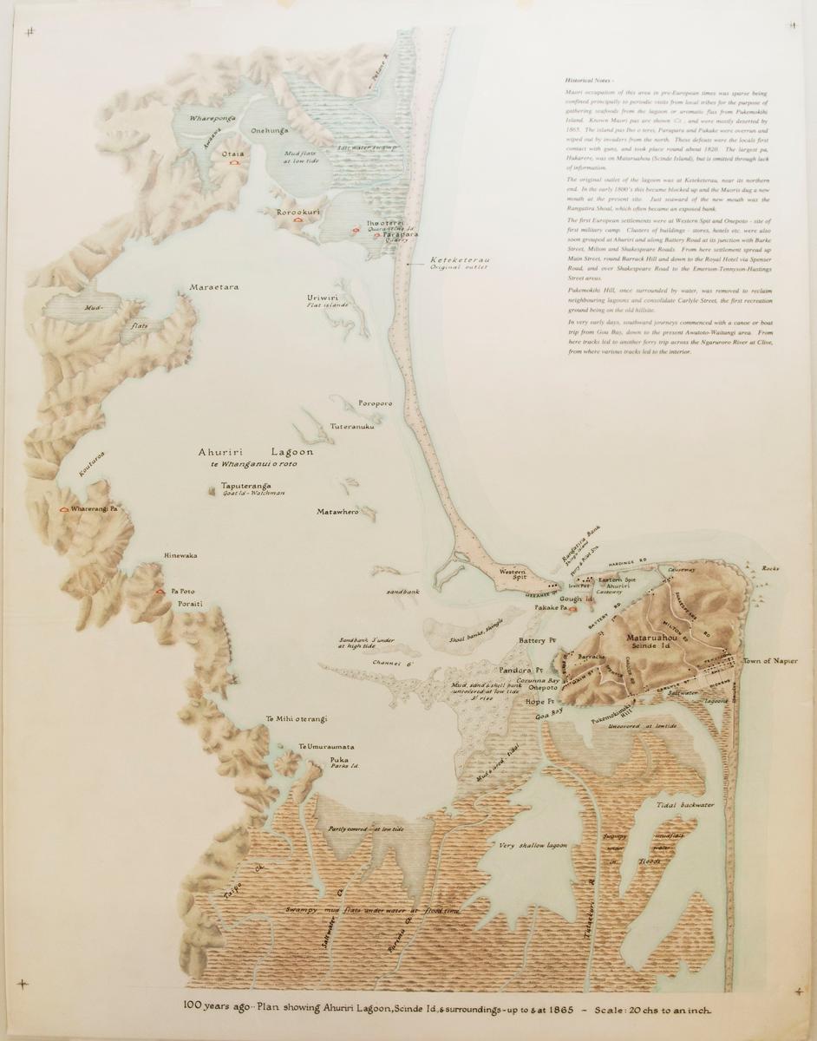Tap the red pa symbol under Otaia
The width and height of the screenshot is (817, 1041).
pyautogui.click(x=232, y=161)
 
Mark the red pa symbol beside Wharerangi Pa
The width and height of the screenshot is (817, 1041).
pyautogui.click(x=63, y=510)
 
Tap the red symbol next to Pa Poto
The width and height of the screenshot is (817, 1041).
pyautogui.click(x=159, y=591)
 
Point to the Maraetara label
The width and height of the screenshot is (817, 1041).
pyautogui.click(x=213, y=285)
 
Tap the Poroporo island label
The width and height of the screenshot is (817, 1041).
pyautogui.click(x=375, y=404)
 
